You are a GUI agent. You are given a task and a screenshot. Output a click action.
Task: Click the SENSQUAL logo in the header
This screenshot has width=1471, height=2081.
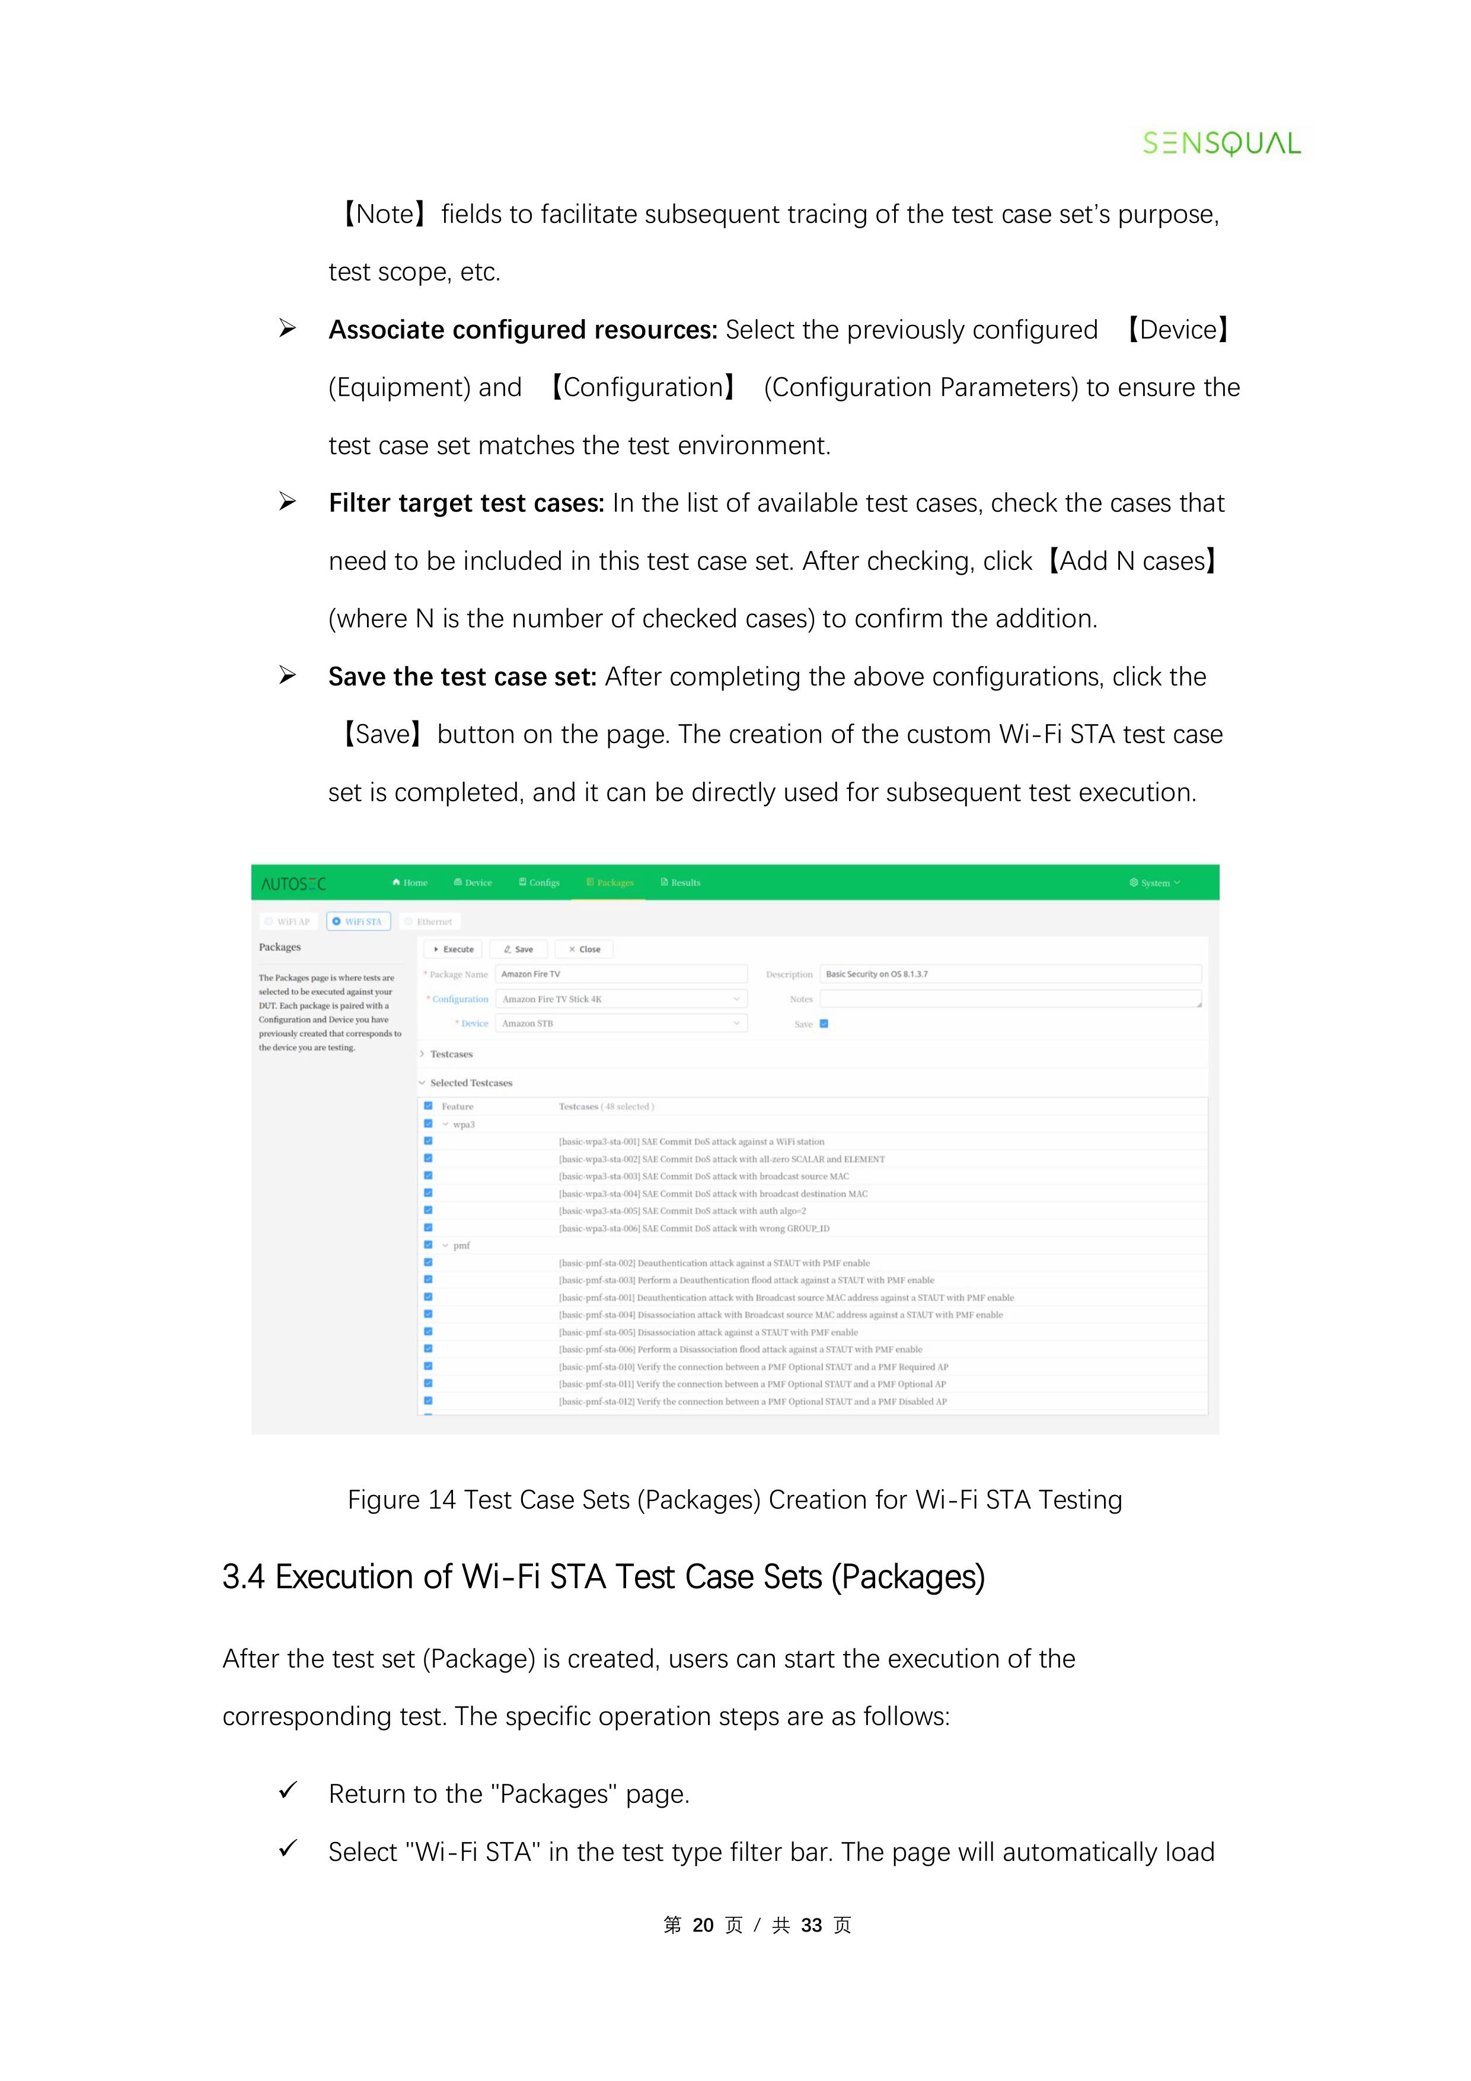click(1220, 143)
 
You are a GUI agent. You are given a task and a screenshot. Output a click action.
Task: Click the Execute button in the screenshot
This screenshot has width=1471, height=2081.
click(453, 949)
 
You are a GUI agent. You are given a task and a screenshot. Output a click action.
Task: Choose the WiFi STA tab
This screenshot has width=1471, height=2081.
click(359, 921)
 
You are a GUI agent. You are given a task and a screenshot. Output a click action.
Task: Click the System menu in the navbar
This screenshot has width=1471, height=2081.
click(1154, 882)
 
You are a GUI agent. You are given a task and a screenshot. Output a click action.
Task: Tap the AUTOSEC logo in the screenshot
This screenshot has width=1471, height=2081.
click(293, 883)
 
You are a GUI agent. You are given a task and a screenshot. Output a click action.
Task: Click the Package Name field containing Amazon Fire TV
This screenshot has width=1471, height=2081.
click(621, 973)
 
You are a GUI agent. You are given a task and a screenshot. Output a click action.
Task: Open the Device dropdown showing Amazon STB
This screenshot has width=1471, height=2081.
click(621, 1023)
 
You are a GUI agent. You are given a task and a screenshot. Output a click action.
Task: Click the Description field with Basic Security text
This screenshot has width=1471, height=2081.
click(1010, 973)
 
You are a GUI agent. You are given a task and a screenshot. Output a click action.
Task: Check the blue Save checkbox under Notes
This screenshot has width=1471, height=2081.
click(824, 1023)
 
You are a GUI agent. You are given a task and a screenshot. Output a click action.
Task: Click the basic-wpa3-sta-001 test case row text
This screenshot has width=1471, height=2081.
click(691, 1141)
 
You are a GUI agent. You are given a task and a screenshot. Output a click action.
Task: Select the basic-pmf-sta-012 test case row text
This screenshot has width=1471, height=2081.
click(752, 1401)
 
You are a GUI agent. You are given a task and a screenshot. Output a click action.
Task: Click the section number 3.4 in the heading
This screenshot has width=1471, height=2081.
click(243, 1577)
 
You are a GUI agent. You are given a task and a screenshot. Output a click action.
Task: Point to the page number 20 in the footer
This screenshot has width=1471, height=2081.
click(703, 1925)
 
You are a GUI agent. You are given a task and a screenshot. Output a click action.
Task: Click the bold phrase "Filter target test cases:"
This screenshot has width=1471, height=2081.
click(466, 503)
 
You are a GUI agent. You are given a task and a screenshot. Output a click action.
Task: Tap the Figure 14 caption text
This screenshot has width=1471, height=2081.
click(734, 1500)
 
